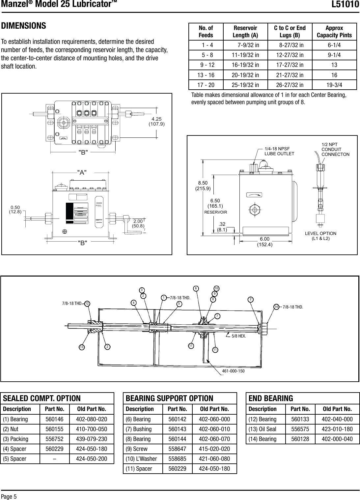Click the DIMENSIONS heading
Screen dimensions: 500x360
23,26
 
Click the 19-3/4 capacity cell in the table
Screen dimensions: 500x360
334,85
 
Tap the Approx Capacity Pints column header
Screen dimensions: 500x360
334,32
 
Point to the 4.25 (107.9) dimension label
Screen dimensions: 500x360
158,121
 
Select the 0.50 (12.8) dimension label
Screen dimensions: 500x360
15,209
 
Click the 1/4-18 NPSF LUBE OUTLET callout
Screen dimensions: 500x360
279,151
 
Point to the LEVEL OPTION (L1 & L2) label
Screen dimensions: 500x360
320,236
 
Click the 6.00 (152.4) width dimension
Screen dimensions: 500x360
264,242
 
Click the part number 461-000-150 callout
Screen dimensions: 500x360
233,371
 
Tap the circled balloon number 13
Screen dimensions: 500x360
81,347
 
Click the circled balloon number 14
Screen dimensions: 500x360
276,307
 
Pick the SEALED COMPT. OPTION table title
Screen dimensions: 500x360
42,398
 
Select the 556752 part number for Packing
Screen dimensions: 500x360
54,439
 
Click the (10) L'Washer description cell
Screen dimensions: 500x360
141,459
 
